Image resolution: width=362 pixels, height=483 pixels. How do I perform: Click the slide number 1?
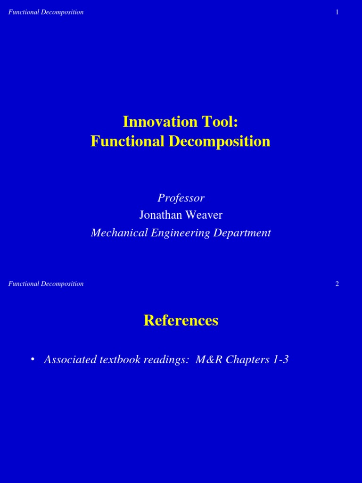[337, 12]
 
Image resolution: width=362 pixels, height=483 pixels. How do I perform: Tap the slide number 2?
[337, 284]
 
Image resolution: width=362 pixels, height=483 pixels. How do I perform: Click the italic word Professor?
[181, 198]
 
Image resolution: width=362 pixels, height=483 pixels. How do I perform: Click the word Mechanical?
[118, 233]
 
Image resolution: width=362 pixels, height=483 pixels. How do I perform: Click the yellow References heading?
[181, 321]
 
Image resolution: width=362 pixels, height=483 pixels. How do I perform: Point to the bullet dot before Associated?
[33, 359]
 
